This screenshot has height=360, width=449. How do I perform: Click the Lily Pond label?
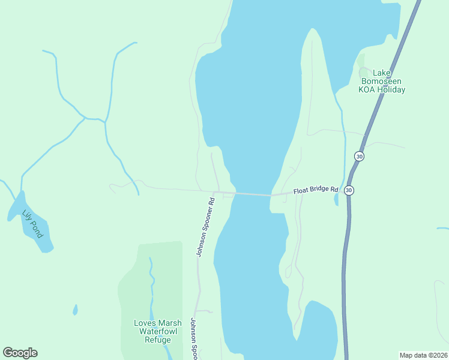coord(32,223)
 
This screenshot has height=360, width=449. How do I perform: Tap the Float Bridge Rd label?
coord(316,190)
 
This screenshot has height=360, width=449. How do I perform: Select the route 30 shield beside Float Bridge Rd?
coord(349,190)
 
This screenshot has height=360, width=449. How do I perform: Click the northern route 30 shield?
coord(359,156)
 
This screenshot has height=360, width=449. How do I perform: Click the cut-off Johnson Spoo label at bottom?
coord(194,338)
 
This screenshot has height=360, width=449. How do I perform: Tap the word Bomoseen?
coord(382,82)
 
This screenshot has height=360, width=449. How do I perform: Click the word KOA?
coord(367,90)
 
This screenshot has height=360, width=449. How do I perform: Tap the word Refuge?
coord(158,340)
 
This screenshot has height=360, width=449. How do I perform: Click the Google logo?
coord(20,353)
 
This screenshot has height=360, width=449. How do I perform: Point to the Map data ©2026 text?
coord(423,355)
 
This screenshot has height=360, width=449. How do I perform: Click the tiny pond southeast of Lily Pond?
coord(75,310)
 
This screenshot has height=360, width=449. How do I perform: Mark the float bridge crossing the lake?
coord(252,194)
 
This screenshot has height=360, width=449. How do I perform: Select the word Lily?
coord(27,215)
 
